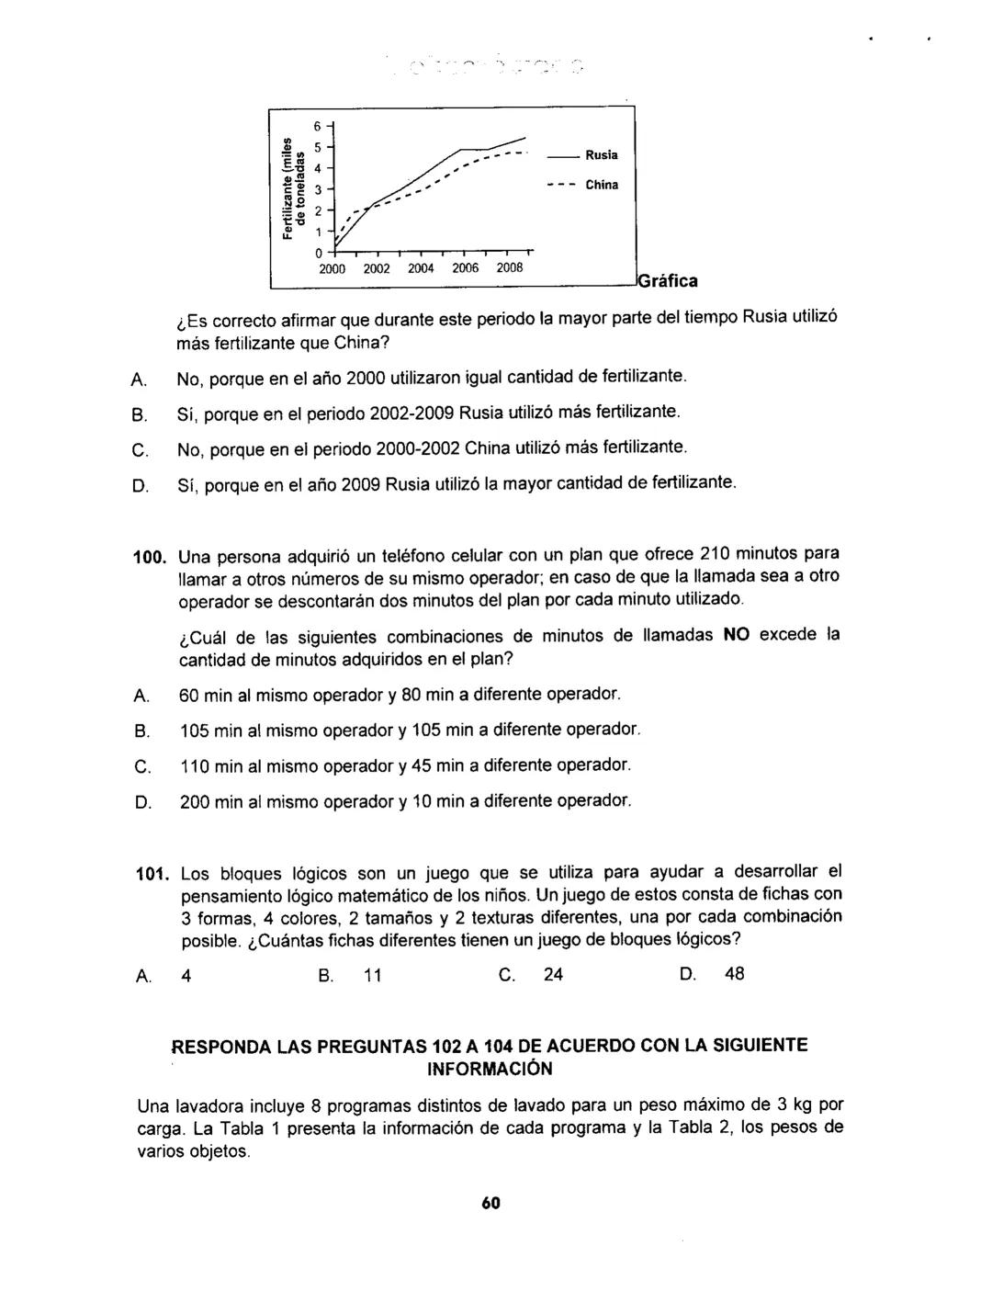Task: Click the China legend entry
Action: coord(603,185)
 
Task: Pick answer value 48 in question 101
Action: coord(735,974)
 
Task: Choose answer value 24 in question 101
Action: coord(554,974)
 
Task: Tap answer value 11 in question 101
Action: coord(372,975)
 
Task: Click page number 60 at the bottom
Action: coord(490,1205)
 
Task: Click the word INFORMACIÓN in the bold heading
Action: coord(490,1069)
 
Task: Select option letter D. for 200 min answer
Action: coord(142,802)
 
